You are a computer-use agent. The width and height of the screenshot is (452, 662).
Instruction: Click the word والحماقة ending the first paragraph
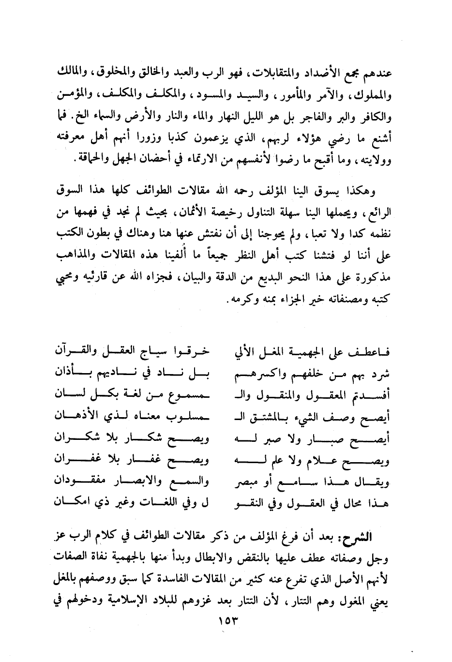coord(82,158)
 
